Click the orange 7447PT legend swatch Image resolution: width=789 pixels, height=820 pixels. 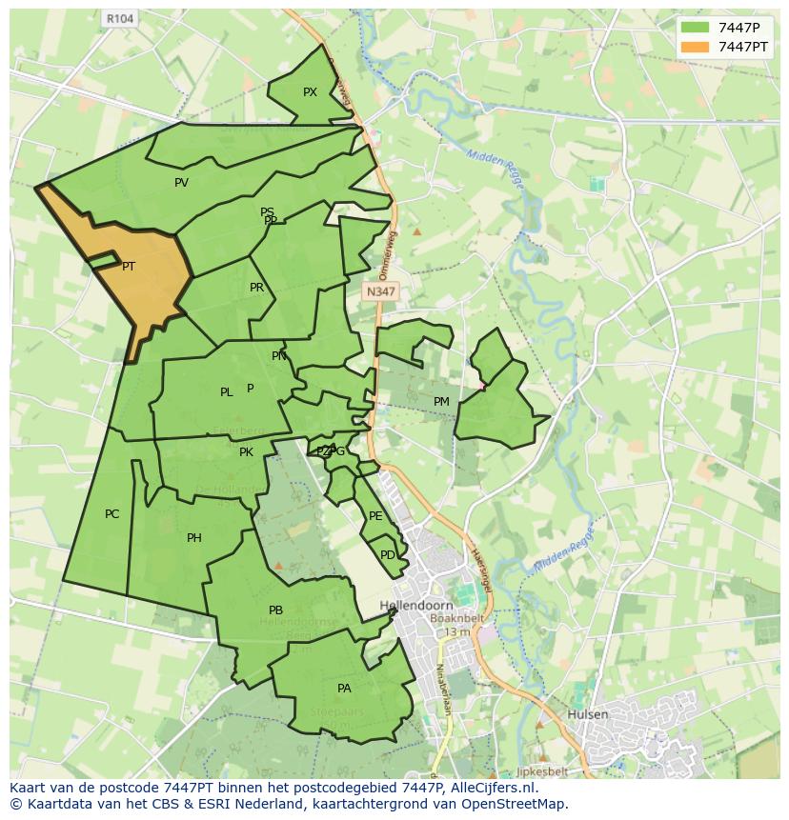click(695, 47)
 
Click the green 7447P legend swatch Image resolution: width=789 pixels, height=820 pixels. click(695, 28)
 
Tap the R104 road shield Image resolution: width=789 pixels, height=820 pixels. click(120, 18)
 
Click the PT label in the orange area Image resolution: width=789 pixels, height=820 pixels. click(129, 267)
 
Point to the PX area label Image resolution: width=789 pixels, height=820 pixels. click(310, 92)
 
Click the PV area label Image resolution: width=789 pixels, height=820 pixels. click(181, 183)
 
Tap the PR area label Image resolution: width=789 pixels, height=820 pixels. click(256, 288)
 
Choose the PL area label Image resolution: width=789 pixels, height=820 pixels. click(226, 392)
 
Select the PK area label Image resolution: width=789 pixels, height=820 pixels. click(246, 452)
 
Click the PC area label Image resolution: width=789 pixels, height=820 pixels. click(111, 514)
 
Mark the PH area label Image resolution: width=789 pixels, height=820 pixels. click(193, 538)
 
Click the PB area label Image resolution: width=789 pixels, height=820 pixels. click(275, 610)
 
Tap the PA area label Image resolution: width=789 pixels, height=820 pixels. click(344, 689)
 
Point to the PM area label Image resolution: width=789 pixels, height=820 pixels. click(441, 402)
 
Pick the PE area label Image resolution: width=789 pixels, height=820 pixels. click(375, 516)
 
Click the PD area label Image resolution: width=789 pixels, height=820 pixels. click(387, 555)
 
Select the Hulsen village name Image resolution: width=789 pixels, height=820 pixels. click(586, 713)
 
